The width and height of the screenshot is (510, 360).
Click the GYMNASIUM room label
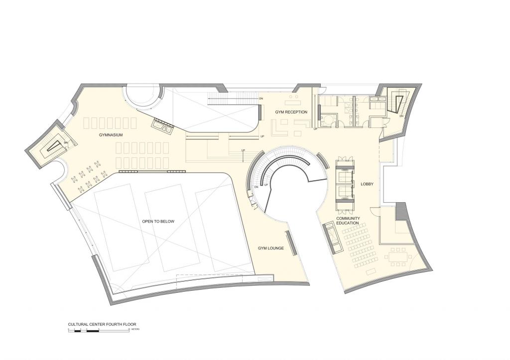click(x=111, y=134)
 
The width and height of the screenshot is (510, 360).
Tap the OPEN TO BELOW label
click(x=158, y=221)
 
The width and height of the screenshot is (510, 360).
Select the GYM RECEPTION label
click(x=291, y=112)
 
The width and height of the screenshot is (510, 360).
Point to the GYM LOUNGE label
click(x=270, y=248)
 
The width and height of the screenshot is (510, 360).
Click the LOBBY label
click(x=367, y=184)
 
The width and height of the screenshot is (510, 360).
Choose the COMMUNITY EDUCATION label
click(x=348, y=221)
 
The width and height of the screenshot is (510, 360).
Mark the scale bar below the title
click(x=99, y=330)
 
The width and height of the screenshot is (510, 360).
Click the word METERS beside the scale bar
click(x=135, y=330)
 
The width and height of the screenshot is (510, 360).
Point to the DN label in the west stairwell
click(x=65, y=141)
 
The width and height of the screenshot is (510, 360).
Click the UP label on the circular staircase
click(x=266, y=185)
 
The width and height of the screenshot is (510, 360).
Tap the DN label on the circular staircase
click(x=256, y=187)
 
